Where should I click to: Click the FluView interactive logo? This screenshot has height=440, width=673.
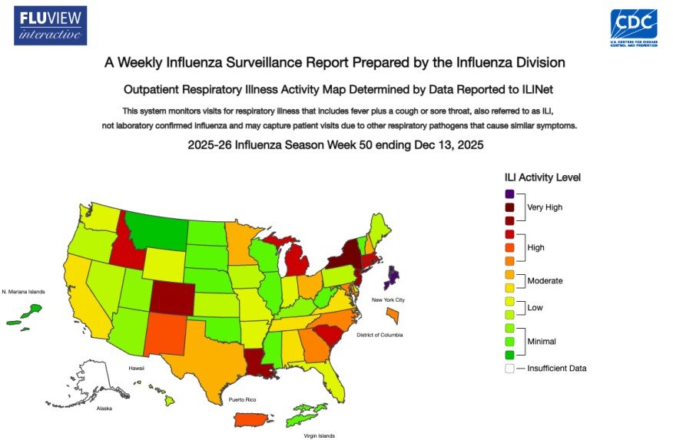tap(50, 25)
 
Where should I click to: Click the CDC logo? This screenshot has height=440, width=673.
tap(633, 28)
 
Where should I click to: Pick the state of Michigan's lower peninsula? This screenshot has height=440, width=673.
tap(297, 263)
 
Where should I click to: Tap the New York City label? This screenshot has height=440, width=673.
tap(388, 299)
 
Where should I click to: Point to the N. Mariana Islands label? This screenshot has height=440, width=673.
tap(25, 292)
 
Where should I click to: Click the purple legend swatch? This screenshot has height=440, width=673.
tap(509, 194)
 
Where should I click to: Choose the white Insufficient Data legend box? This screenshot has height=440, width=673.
tap(509, 368)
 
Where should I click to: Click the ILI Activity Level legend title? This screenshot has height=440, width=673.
tap(542, 177)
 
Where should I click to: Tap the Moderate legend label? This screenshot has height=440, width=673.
tap(545, 281)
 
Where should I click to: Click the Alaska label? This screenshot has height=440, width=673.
tap(104, 409)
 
